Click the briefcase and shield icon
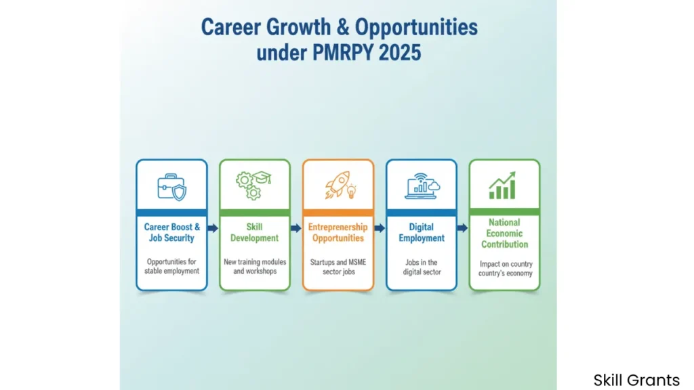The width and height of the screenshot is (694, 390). tap(171, 187)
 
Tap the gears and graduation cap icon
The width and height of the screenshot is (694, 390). tap(253, 186)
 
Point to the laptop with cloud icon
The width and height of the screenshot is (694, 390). tap(422, 186)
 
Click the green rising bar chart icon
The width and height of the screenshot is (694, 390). tap(502, 186)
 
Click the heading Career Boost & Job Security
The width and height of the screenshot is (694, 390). tap(171, 233)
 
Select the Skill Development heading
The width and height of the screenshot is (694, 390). tap(255, 233)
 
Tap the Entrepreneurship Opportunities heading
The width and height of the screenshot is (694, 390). tap(338, 233)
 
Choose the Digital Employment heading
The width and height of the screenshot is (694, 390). tap(422, 233)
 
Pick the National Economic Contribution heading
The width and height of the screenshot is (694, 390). tap(504, 234)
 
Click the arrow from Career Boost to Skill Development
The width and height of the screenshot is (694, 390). tap(213, 228)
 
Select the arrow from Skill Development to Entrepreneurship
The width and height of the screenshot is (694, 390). tap(296, 228)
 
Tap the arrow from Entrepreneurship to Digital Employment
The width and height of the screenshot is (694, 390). tap(380, 228)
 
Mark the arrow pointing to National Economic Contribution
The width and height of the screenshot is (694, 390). tap(462, 228)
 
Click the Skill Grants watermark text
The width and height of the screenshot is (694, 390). tap(636, 381)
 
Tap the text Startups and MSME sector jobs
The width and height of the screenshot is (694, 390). tap(338, 267)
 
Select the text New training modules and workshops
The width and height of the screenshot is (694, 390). tap(255, 267)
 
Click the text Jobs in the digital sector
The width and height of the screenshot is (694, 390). tap(422, 267)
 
